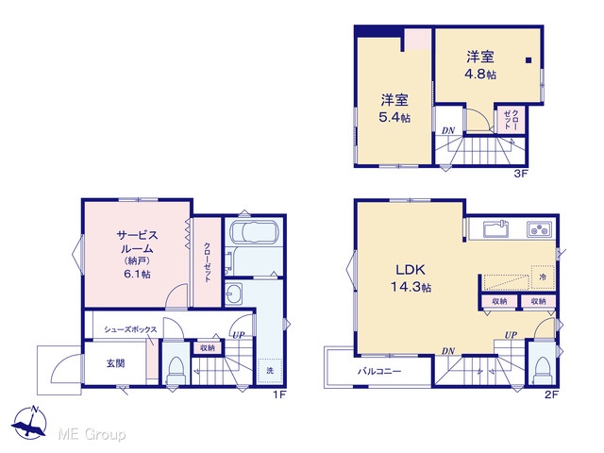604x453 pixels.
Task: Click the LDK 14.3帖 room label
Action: pos(411,278)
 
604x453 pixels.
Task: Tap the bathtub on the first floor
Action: pos(254,233)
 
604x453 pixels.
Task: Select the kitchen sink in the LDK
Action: pos(495,229)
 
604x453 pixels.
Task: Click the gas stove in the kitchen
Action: pos(539,229)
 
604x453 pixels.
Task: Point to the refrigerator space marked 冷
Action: pos(543,277)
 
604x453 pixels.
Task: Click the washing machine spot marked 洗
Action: pos(270,371)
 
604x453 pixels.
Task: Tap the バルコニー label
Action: pos(379,372)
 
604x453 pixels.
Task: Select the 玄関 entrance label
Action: pos(115,363)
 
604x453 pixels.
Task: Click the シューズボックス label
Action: pos(130,329)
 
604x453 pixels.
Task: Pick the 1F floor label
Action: pos(279,394)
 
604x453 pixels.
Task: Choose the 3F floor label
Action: pos(520,174)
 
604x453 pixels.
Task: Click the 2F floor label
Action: pos(551,394)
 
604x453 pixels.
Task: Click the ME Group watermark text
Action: pos(92,435)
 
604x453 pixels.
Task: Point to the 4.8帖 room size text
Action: pos(480,74)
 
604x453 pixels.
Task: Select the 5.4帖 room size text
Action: pos(394,117)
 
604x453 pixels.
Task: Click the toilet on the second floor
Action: pos(543,369)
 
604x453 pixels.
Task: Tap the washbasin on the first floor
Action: pos(233,294)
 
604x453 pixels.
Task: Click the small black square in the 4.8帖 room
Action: pos(528,60)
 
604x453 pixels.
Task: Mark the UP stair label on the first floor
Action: pos(239,335)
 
